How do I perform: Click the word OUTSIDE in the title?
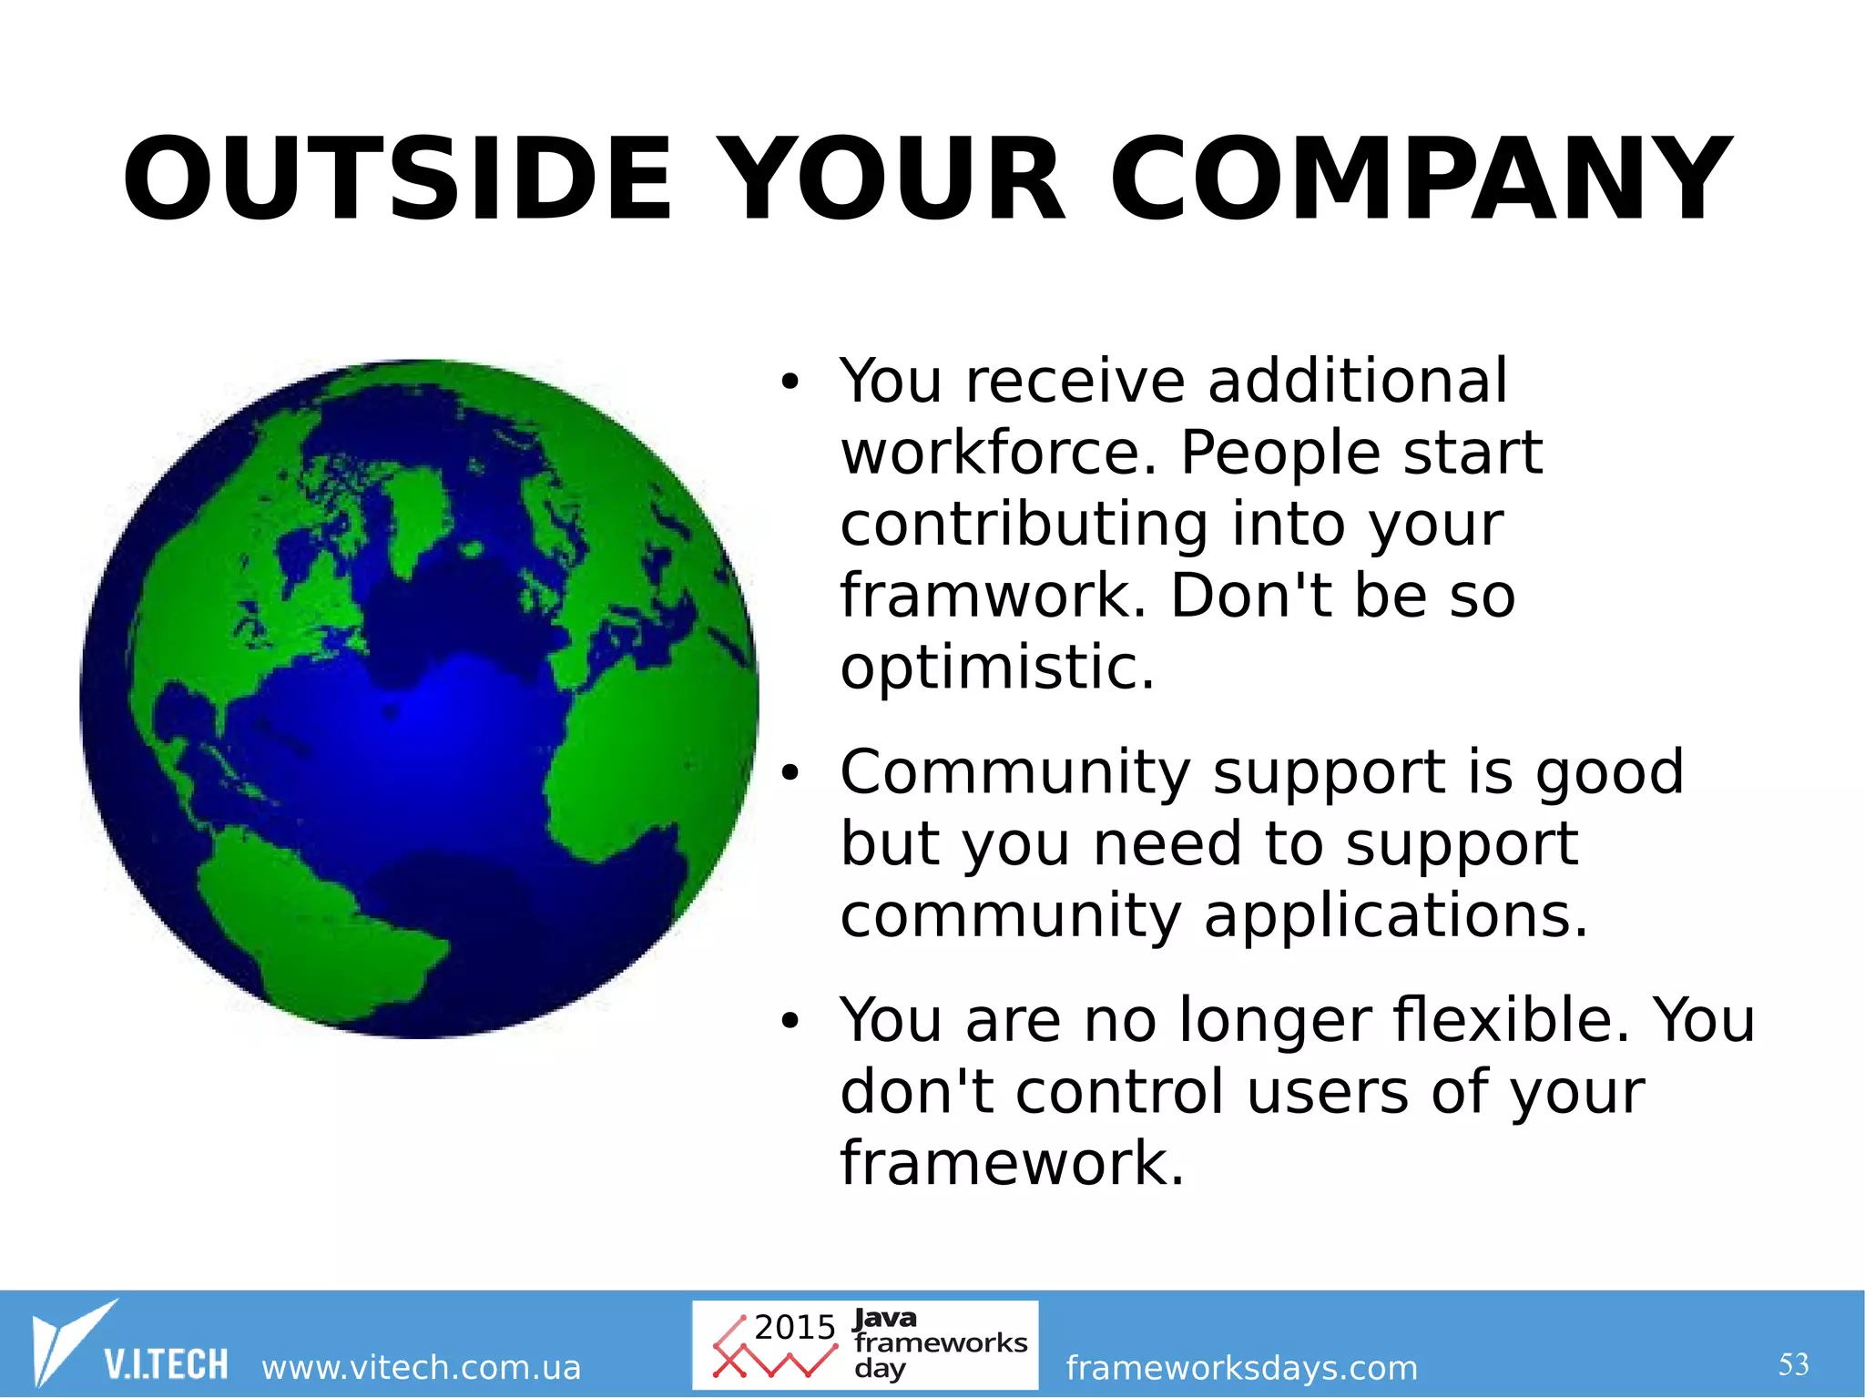397,179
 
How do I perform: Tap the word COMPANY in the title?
1420,179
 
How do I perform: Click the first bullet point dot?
789,383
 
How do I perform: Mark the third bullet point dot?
789,1022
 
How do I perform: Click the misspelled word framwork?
993,596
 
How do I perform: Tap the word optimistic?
997,668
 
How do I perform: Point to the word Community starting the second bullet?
1014,772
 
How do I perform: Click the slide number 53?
1793,1364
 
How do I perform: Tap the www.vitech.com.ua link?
421,1367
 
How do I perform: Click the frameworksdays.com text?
1241,1367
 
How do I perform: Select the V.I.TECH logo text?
166,1364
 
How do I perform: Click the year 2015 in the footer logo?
794,1327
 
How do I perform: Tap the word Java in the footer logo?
884,1318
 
